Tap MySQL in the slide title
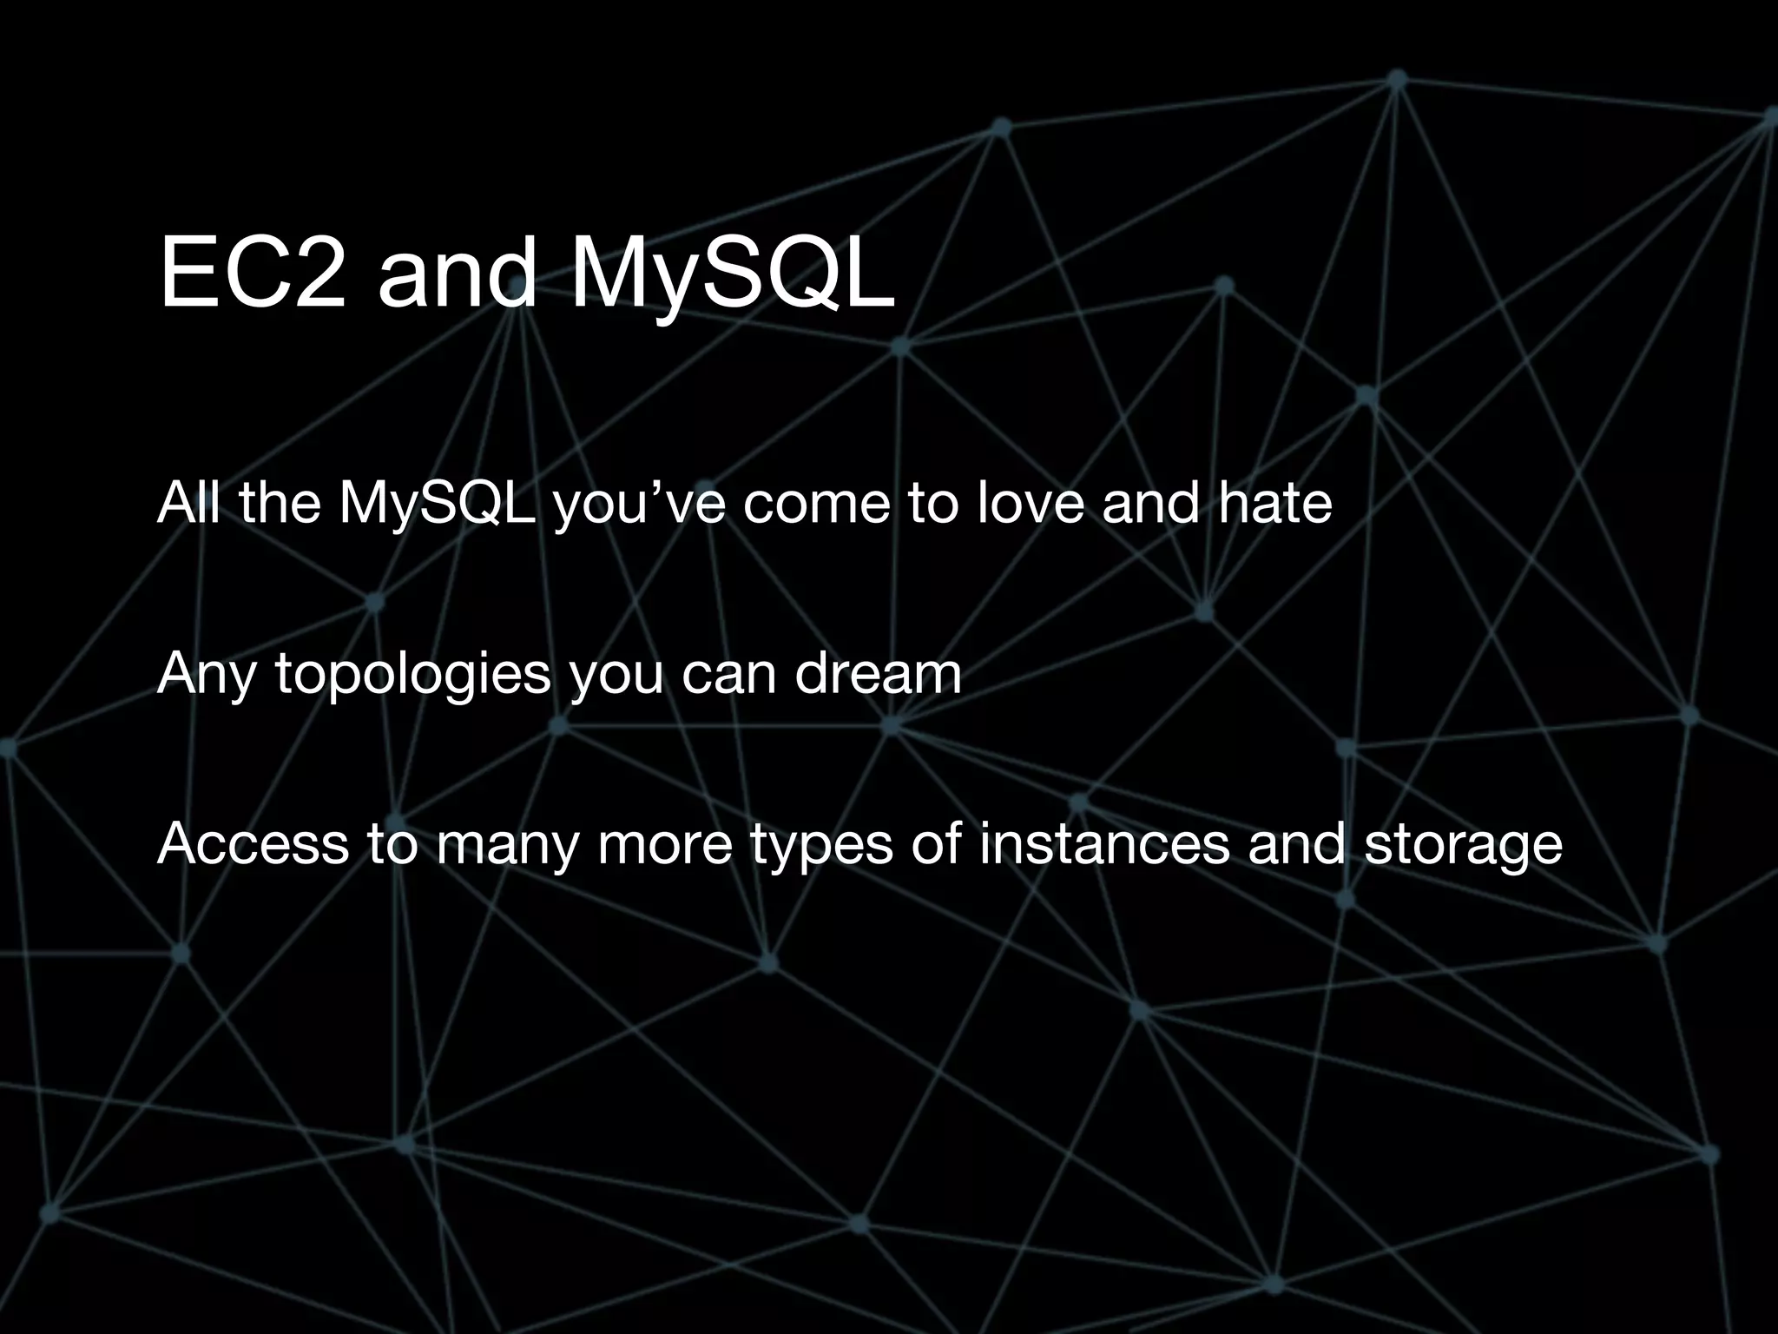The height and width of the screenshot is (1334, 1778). [731, 275]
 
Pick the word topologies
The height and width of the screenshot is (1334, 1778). [413, 674]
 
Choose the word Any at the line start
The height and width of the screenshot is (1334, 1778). [207, 674]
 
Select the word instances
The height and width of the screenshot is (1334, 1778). [1104, 843]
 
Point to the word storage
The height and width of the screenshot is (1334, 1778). [1463, 845]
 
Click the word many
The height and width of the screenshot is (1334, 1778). [507, 845]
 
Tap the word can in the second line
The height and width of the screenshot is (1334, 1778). [728, 674]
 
